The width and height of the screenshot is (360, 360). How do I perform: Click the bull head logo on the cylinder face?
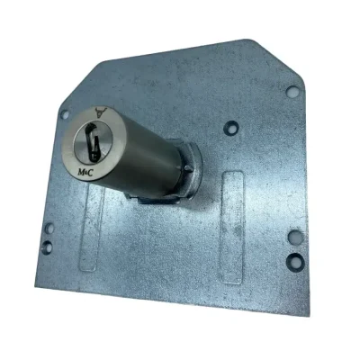point(101,112)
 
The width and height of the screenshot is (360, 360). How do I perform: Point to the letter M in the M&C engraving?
point(81,172)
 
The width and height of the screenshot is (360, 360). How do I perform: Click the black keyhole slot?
point(93,141)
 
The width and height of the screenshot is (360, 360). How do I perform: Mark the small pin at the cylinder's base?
point(188,168)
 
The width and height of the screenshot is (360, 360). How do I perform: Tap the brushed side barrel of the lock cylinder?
point(144,156)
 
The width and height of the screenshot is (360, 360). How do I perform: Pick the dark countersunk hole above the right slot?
point(231,127)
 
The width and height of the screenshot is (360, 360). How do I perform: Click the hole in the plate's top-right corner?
point(292,91)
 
